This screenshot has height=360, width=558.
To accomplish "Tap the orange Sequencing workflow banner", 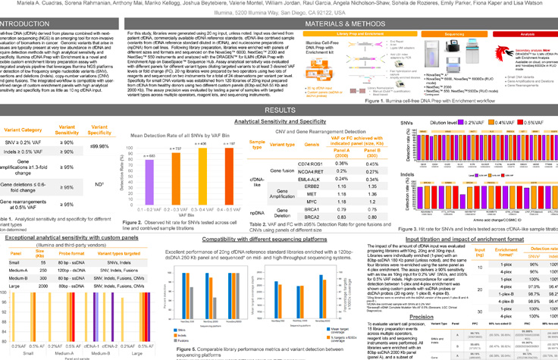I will (455, 35).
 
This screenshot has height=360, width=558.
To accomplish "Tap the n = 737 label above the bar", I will (178, 149).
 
